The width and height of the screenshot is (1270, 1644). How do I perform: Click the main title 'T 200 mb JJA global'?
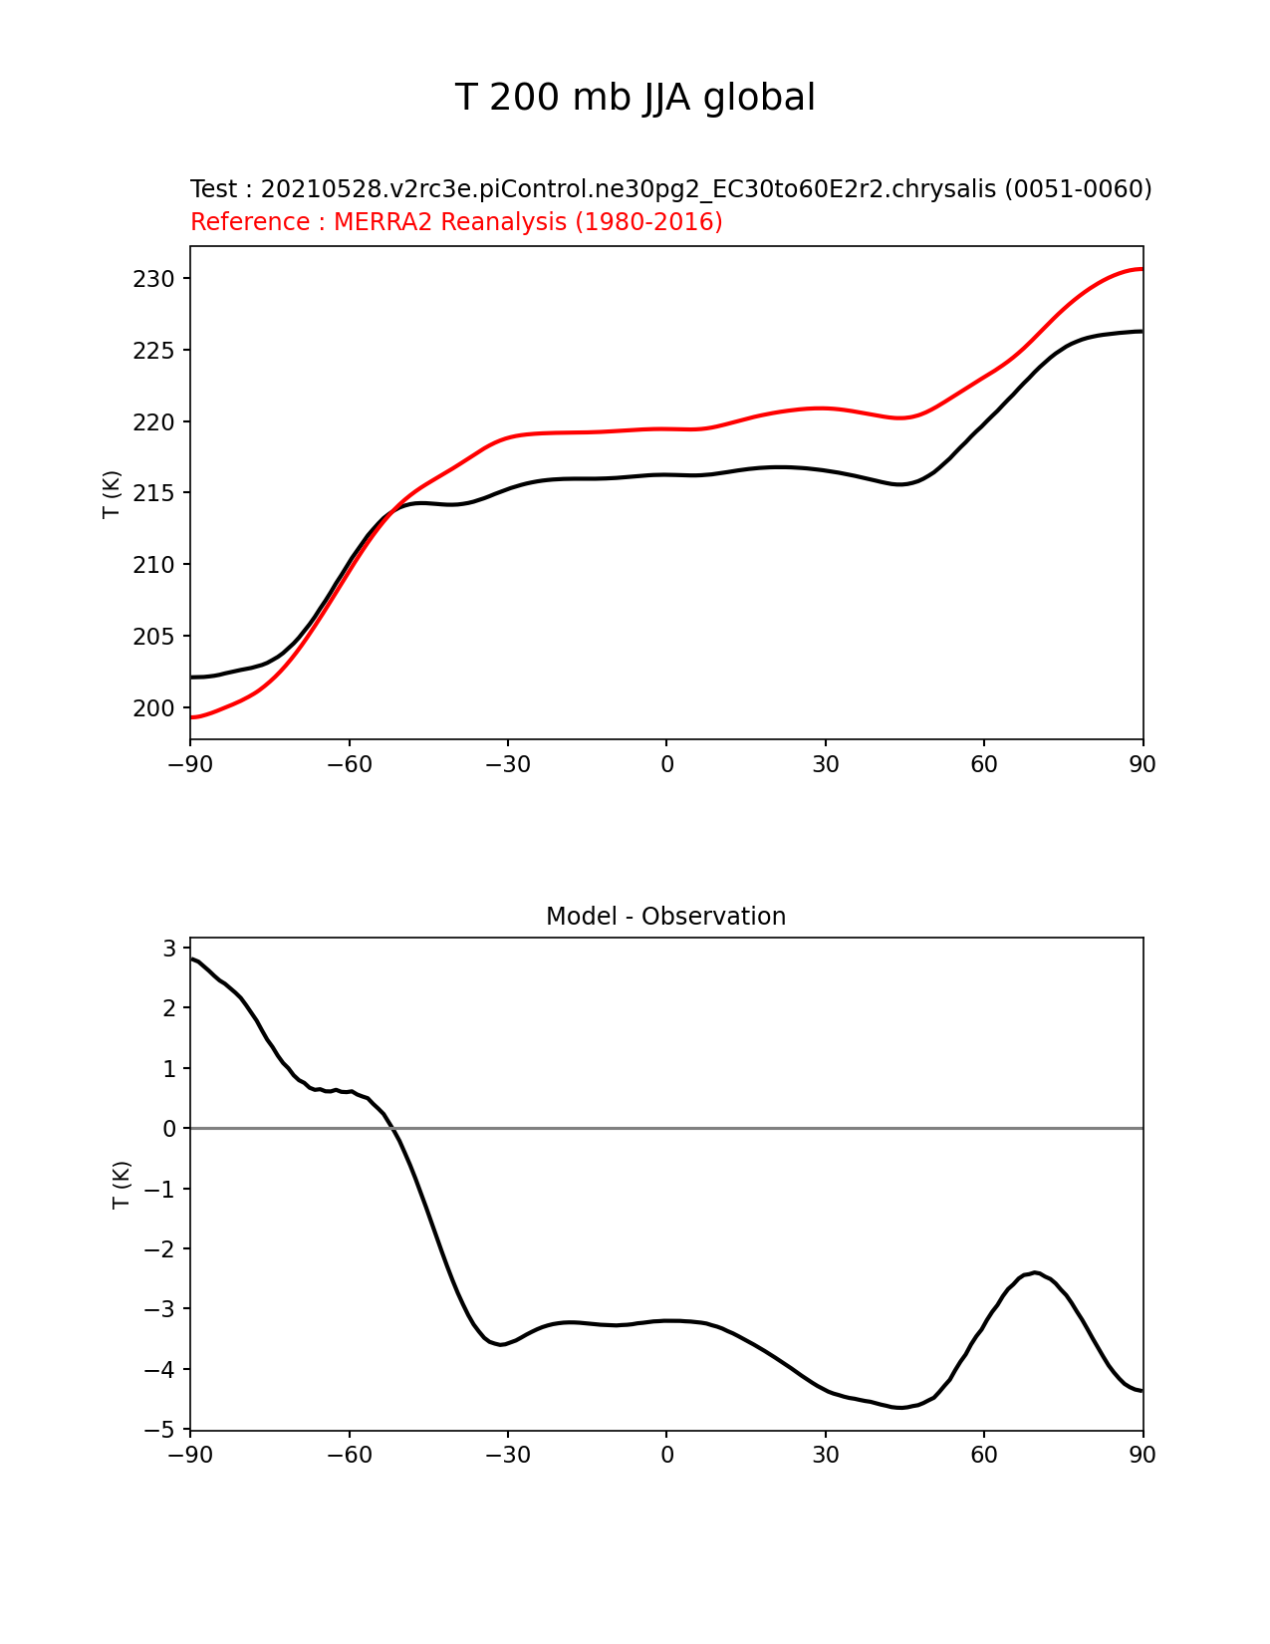pyautogui.click(x=635, y=98)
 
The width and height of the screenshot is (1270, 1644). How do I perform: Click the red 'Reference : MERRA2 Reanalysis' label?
pyautogui.click(x=456, y=222)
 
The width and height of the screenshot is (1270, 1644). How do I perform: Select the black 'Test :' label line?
pyautogui.click(x=670, y=189)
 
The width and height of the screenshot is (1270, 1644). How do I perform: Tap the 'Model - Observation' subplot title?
pyautogui.click(x=665, y=917)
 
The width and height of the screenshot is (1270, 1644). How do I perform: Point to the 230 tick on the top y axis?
pyautogui.click(x=153, y=279)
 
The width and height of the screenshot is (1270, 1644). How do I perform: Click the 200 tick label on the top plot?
pyautogui.click(x=153, y=708)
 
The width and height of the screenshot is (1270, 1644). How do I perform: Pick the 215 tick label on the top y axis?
pyautogui.click(x=153, y=493)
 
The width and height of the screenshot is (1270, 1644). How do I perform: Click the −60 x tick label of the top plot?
pyautogui.click(x=349, y=764)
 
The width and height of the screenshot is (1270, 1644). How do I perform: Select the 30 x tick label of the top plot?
pyautogui.click(x=825, y=764)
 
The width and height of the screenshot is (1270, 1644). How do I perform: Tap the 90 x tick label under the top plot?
pyautogui.click(x=1143, y=764)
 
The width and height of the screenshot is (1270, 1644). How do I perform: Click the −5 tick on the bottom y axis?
pyautogui.click(x=159, y=1430)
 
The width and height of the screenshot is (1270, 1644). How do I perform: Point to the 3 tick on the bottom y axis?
pyautogui.click(x=169, y=948)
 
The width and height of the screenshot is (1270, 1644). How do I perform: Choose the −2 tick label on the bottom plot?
pyautogui.click(x=159, y=1248)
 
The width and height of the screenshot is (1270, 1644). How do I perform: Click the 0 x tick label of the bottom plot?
pyautogui.click(x=666, y=1455)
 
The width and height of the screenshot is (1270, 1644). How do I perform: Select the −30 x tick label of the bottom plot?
pyautogui.click(x=507, y=1455)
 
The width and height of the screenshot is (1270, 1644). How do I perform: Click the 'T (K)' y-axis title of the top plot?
pyautogui.click(x=112, y=493)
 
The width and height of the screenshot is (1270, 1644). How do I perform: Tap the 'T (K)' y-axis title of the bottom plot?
pyautogui.click(x=122, y=1185)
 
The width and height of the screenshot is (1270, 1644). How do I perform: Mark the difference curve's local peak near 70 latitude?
pyautogui.click(x=1036, y=1272)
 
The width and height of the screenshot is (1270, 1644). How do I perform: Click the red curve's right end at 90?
pyautogui.click(x=1142, y=269)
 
